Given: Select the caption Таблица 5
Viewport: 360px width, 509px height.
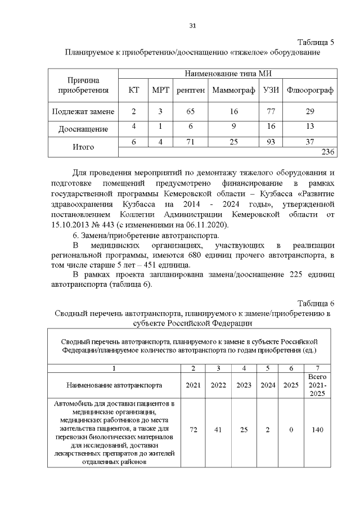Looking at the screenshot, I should click(x=316, y=43).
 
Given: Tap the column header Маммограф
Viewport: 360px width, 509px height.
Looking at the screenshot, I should click(x=233, y=90).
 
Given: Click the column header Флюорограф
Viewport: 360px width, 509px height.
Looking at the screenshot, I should click(x=309, y=90).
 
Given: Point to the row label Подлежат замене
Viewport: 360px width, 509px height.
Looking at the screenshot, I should click(x=83, y=111).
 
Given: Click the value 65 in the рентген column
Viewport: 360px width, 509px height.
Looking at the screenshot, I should click(x=190, y=111).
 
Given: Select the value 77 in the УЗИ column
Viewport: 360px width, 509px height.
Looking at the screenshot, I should click(x=270, y=111).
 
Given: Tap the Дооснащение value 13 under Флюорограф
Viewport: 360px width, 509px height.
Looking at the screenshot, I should click(x=309, y=127).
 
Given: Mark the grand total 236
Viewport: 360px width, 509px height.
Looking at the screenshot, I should click(x=327, y=152).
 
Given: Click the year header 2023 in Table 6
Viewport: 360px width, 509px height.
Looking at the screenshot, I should click(x=244, y=385).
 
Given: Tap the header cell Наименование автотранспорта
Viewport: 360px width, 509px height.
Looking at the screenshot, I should click(x=114, y=385).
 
